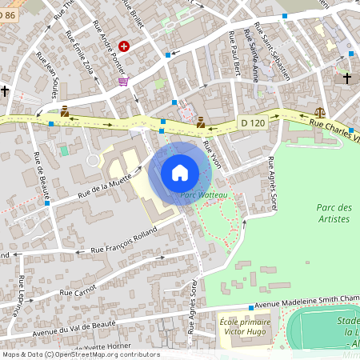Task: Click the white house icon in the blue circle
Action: [179, 173]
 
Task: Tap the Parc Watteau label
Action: [200, 194]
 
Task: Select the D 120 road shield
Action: [252, 122]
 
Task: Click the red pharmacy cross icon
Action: [124, 47]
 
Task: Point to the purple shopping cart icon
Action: [122, 81]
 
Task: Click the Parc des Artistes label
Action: [334, 214]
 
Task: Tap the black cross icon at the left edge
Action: [6, 90]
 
